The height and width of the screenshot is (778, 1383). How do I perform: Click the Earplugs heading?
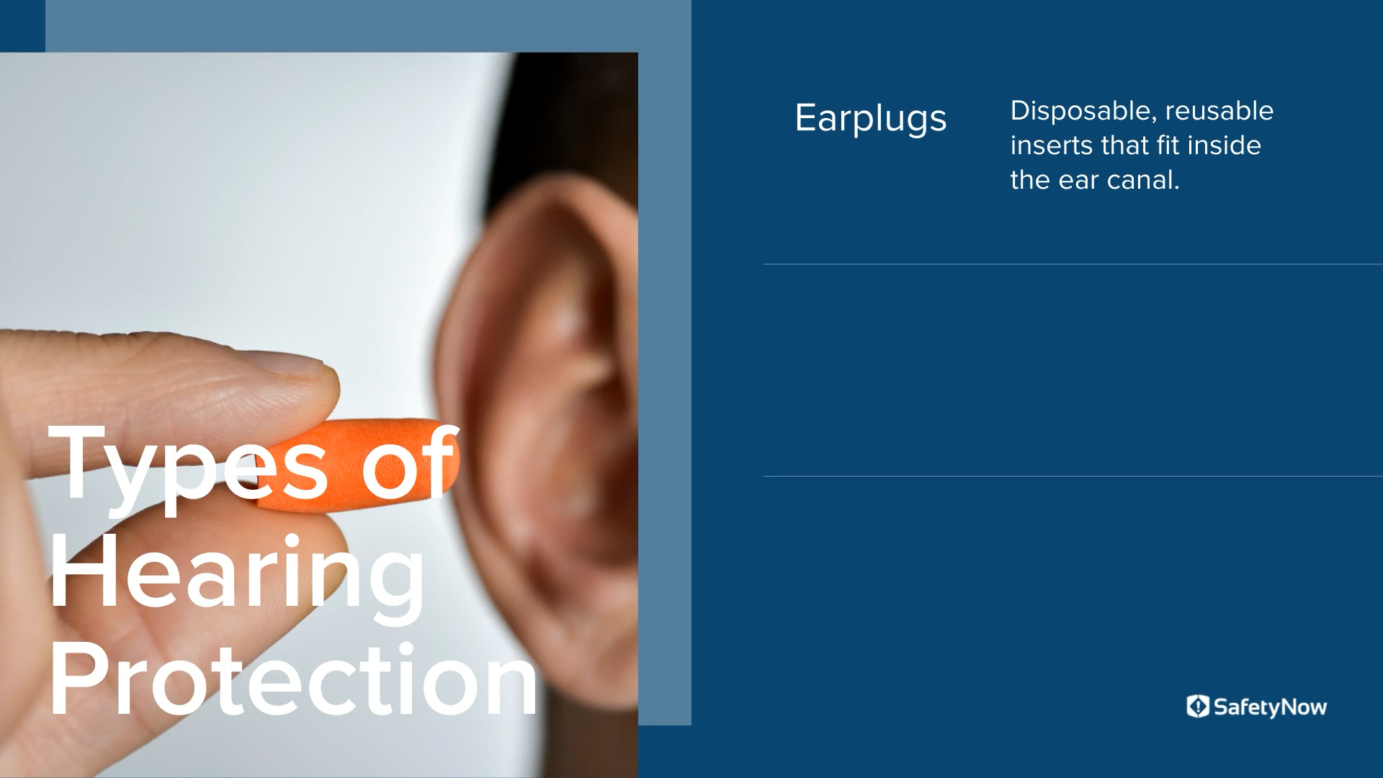[870, 118]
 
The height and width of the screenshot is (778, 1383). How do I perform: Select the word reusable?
[1219, 111]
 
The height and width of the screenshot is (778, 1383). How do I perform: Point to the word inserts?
[1052, 146]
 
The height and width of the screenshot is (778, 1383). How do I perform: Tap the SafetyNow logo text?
[1270, 707]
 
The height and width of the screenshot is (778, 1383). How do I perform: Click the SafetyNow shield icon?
[1197, 707]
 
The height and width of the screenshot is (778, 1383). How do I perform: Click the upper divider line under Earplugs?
[1073, 264]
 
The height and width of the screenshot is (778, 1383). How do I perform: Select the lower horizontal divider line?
[1073, 476]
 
